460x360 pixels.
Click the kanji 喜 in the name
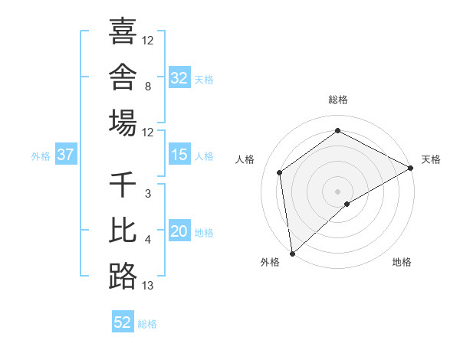(123, 31)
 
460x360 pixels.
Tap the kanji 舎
(123, 77)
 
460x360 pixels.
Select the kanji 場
(123, 123)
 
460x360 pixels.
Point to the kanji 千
(123, 184)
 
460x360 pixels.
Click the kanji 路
(123, 277)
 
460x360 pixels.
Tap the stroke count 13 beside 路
(147, 286)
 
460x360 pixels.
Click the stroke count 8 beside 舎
(148, 87)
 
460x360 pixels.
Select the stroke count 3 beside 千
(148, 194)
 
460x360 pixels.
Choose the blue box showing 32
(179, 77)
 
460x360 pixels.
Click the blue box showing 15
(179, 154)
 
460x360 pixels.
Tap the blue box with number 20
(179, 231)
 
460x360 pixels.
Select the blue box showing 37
(66, 154)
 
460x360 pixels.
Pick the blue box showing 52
(123, 321)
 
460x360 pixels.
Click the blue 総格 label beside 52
(147, 324)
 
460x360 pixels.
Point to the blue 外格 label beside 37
(41, 156)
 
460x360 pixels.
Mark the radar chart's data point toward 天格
(410, 168)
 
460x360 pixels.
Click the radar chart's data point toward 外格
(292, 254)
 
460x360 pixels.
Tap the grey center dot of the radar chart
(337, 191)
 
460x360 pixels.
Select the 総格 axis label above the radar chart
(338, 100)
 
